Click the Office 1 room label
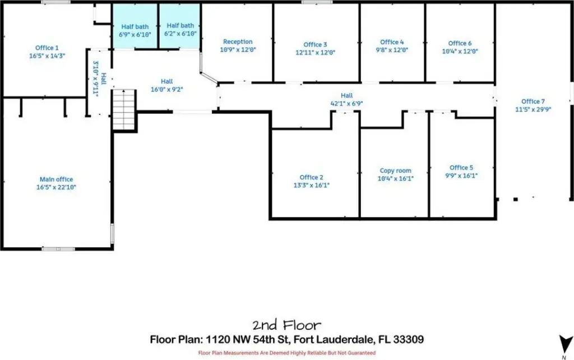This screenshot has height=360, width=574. [x=47, y=48]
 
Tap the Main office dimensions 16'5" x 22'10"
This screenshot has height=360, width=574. [x=56, y=187]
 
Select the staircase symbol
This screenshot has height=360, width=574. [x=124, y=109]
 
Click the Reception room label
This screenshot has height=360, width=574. [x=238, y=41]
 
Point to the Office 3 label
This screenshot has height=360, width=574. [x=315, y=45]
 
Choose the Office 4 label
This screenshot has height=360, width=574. [x=392, y=42]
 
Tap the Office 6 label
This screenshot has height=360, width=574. [x=460, y=43]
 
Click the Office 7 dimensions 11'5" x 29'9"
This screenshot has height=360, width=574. [x=533, y=109]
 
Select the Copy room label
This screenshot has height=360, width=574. [x=395, y=170]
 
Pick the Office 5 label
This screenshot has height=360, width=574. [x=461, y=168]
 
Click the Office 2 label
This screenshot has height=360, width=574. [x=311, y=177]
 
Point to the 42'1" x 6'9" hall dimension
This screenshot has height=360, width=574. [x=346, y=104]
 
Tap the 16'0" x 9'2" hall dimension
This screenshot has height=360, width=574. [x=166, y=89]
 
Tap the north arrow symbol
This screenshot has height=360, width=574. [x=566, y=344]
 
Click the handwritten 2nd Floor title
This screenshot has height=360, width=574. [x=286, y=325]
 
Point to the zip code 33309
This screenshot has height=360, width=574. [x=408, y=339]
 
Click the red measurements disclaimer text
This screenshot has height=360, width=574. [x=286, y=353]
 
